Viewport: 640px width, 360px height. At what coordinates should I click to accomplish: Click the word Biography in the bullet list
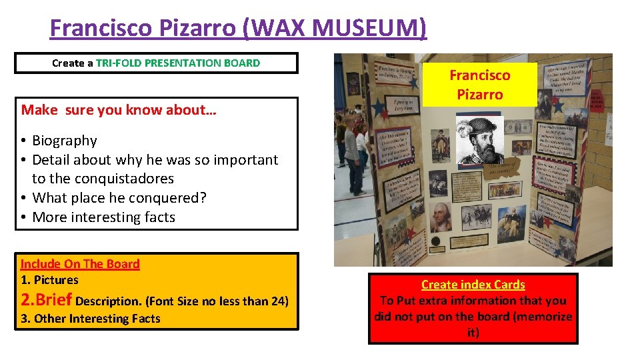65,141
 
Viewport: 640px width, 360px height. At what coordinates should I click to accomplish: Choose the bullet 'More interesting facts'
103,217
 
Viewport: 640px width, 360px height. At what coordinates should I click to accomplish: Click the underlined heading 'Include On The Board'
80,263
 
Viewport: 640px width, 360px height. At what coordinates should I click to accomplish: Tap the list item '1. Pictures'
49,280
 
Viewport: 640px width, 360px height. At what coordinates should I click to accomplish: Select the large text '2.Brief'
47,300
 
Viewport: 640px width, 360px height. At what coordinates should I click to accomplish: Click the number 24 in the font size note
276,301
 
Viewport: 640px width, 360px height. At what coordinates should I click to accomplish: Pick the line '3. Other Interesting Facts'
91,319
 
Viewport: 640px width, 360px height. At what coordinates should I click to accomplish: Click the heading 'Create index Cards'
473,285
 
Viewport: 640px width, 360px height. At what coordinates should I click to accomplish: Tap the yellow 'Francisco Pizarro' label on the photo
479,85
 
